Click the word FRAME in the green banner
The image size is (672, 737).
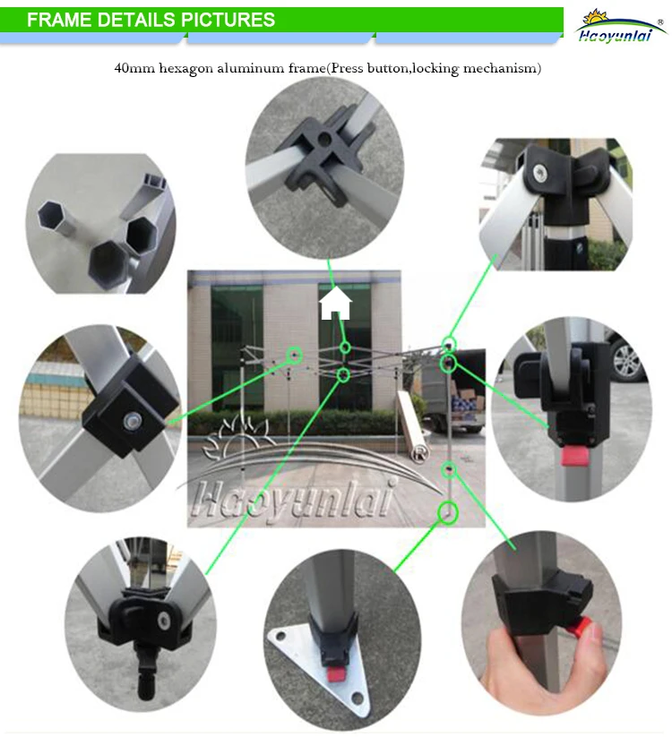(x=59, y=20)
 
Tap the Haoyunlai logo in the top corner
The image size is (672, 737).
(x=621, y=26)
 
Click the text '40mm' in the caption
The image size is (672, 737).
(x=134, y=69)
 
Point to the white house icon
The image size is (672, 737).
(x=335, y=304)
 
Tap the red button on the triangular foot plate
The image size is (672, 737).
(x=334, y=675)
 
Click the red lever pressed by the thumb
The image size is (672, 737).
(x=579, y=627)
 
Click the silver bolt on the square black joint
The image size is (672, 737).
(x=133, y=420)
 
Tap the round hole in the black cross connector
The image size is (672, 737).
(x=323, y=138)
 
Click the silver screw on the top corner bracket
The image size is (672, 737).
(x=538, y=174)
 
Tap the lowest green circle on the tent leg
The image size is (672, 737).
(x=448, y=512)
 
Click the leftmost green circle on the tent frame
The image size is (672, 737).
(x=295, y=355)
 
